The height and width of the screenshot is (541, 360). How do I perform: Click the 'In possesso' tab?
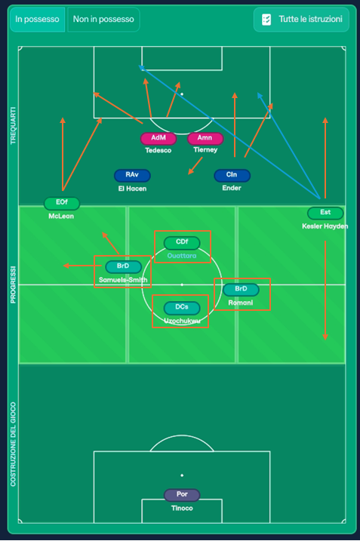(37, 20)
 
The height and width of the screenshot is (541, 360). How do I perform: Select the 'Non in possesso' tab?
(103, 20)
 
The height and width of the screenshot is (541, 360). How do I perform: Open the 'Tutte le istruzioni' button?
(301, 20)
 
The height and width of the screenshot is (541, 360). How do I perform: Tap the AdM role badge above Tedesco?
(158, 138)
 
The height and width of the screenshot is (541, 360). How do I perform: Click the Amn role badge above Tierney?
(205, 138)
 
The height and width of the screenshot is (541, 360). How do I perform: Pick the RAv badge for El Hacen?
(132, 175)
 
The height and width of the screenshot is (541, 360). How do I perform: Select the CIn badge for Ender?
(232, 175)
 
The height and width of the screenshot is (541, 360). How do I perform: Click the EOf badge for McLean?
(62, 202)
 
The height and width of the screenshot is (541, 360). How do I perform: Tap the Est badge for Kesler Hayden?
(325, 213)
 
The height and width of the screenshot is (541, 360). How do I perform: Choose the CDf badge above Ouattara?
(182, 242)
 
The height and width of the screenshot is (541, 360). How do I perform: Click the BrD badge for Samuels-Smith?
(123, 266)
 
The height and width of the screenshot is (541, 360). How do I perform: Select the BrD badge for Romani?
(241, 289)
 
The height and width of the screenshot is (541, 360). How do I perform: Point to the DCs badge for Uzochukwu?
(182, 307)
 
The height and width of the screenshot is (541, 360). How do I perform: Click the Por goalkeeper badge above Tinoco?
(182, 494)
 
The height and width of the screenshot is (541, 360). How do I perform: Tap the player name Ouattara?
(182, 256)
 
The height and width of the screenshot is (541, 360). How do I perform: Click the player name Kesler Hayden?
(325, 226)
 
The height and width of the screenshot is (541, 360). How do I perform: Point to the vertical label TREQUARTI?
(13, 125)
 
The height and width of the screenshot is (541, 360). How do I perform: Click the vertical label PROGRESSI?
(13, 284)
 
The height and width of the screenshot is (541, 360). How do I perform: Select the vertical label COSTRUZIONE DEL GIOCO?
(13, 444)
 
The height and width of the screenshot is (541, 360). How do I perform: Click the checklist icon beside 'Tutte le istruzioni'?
(266, 20)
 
